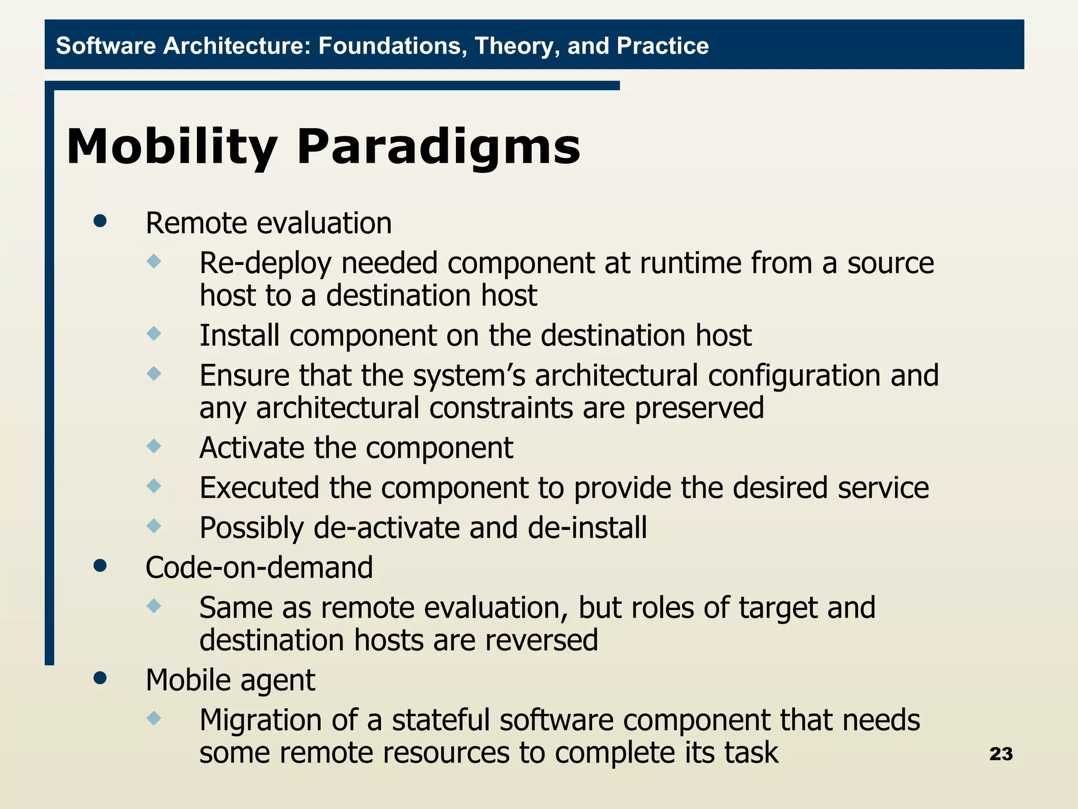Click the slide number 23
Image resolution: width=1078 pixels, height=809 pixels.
pyautogui.click(x=1001, y=754)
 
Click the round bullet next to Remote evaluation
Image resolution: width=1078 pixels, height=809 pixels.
pyautogui.click(x=100, y=221)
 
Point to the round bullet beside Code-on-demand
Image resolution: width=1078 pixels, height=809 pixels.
pyautogui.click(x=100, y=566)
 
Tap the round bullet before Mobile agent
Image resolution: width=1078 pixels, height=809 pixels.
pyautogui.click(x=100, y=678)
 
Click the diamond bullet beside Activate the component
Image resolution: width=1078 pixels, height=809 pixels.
pyautogui.click(x=154, y=447)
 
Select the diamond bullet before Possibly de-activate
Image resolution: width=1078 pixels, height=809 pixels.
pyautogui.click(x=154, y=526)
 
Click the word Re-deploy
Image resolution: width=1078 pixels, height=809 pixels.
pyautogui.click(x=266, y=263)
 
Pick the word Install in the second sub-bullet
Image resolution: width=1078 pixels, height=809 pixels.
pyautogui.click(x=239, y=336)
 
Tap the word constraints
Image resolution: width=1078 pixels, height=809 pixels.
pyautogui.click(x=501, y=408)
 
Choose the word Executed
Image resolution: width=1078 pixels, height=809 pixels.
pyautogui.click(x=259, y=488)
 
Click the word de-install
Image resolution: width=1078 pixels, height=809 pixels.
pyautogui.click(x=587, y=528)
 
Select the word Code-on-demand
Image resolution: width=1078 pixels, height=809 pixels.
pyautogui.click(x=259, y=568)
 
